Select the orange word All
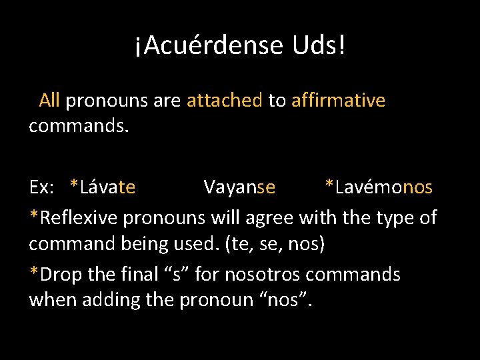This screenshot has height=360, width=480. pos(49,101)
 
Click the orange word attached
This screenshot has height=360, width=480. pos(225,101)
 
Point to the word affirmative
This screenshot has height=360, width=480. pos(338,101)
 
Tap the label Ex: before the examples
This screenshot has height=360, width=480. pos(41,187)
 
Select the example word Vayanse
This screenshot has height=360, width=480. pos(239,187)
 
